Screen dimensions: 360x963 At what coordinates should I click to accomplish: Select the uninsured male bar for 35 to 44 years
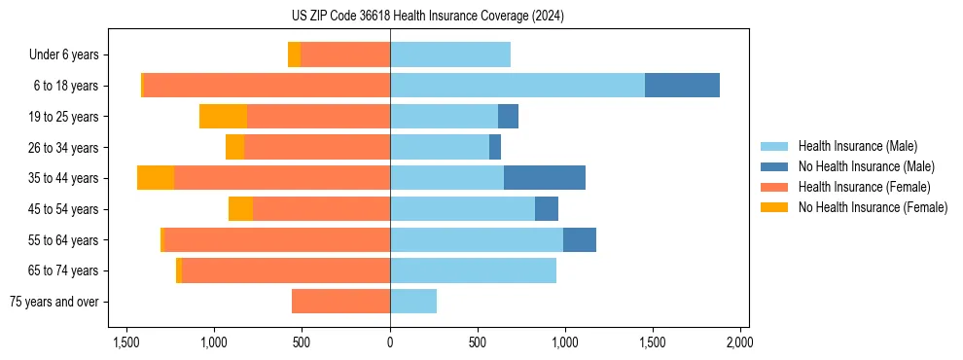coord(545,178)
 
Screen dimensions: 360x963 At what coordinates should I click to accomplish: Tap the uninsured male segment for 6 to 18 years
coord(682,86)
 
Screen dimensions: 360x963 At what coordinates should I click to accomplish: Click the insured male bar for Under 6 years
coord(450,54)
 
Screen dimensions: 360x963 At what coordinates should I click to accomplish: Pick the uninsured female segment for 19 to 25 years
coord(223,117)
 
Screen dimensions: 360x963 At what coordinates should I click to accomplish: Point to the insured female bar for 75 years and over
coord(340,302)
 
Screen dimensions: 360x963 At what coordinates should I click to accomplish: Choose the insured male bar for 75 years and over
coord(413,302)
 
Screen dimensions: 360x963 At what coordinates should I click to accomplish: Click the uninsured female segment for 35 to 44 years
coord(156,178)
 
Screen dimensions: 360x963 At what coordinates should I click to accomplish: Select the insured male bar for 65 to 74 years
coord(473,270)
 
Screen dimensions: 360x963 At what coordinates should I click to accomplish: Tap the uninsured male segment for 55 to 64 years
coord(580,239)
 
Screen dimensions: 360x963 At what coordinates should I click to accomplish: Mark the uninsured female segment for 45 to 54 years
coord(240,209)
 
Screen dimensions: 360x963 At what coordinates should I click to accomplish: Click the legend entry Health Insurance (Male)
coord(857,146)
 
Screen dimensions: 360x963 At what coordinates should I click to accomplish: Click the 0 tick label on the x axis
coord(390,342)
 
